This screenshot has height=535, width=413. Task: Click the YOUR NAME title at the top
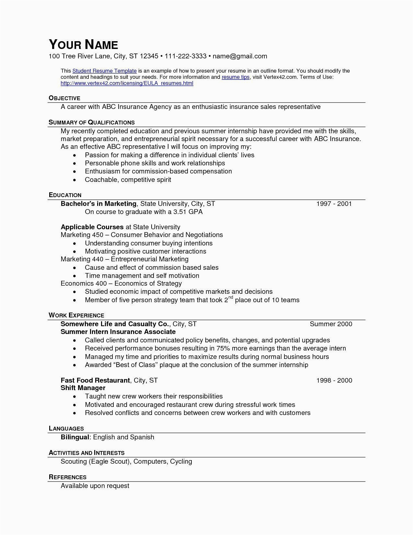83,44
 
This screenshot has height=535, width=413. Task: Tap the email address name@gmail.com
240,56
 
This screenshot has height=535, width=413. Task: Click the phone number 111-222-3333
185,56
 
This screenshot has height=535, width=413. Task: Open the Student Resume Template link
104,71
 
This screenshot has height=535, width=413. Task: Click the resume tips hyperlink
235,77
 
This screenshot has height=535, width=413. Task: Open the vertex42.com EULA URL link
127,83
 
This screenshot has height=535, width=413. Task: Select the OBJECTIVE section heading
64,98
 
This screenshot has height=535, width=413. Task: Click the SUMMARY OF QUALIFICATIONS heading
92,122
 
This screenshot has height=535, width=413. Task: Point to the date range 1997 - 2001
334,204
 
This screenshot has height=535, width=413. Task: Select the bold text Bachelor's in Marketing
98,204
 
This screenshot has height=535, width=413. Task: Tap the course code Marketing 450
82,235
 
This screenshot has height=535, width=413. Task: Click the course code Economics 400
82,283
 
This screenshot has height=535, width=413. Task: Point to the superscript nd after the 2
231,297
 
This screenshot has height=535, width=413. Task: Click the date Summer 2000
331,324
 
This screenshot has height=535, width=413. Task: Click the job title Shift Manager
83,388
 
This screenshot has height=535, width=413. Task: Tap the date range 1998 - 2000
334,380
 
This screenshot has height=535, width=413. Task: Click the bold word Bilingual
75,437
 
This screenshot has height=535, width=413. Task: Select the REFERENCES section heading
67,477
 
